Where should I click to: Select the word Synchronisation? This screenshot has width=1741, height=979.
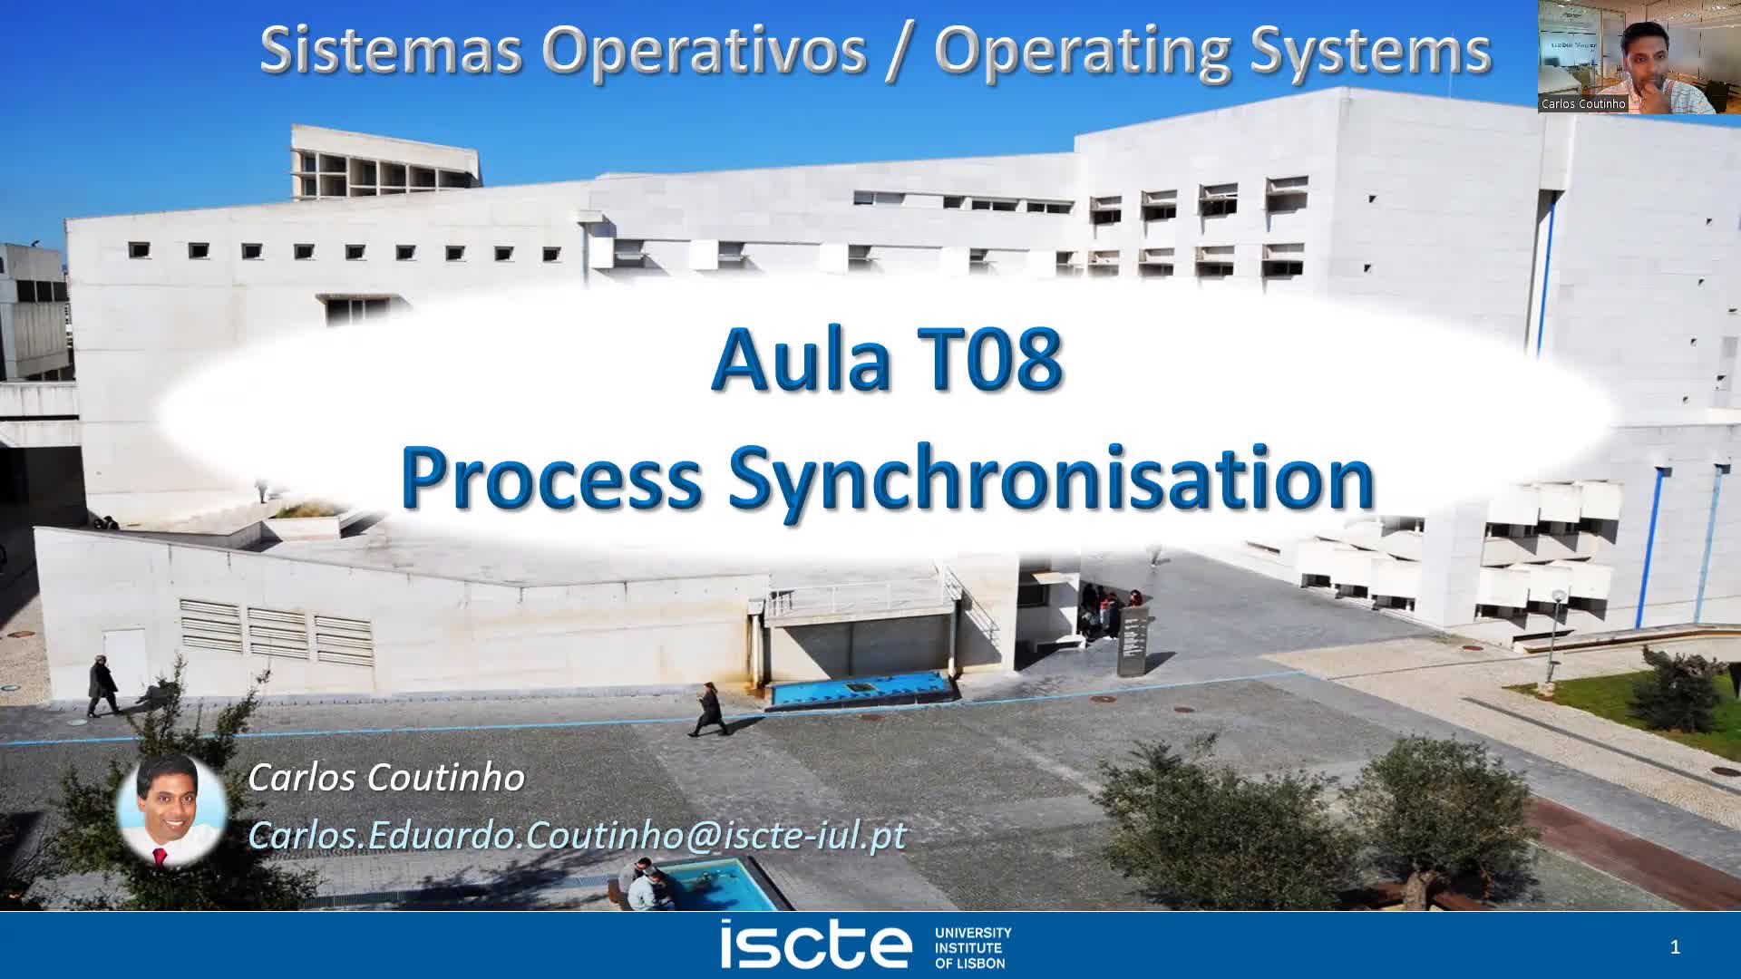[1052, 479]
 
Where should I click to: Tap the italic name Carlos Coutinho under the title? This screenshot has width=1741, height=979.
[386, 778]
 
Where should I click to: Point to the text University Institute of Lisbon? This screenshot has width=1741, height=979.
[972, 947]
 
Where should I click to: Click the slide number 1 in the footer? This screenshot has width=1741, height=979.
[1675, 947]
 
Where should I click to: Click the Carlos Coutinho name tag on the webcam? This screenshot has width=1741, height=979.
[1583, 104]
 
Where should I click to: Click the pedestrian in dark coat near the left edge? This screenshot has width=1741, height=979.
[102, 686]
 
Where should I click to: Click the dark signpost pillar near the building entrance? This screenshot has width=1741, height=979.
[1133, 642]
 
